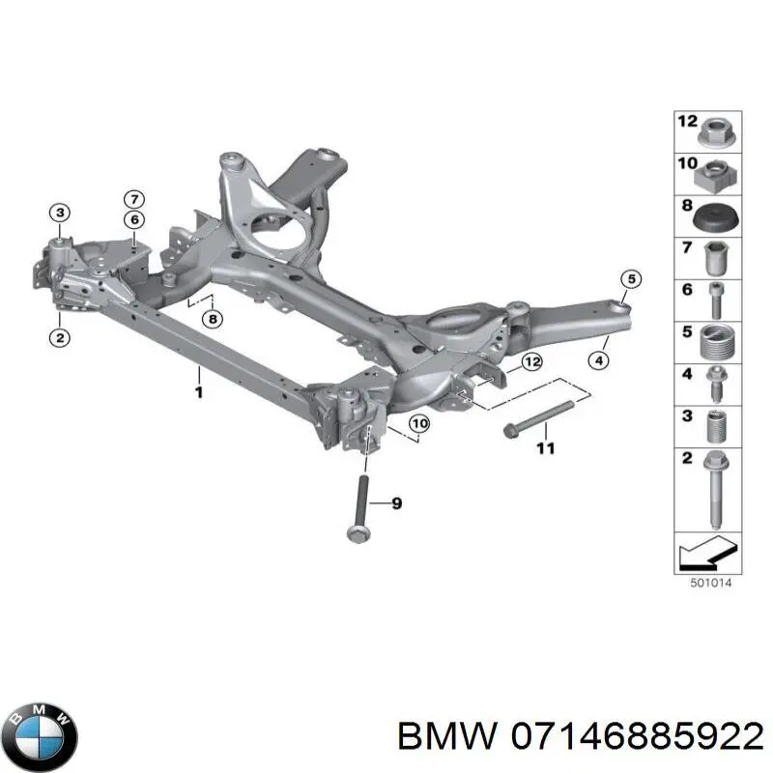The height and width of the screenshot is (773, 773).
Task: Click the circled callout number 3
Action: [x=59, y=213]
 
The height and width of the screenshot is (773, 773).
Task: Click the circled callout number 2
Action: [x=59, y=337]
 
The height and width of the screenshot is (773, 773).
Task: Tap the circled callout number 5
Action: [x=629, y=280]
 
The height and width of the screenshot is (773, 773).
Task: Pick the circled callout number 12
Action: [x=530, y=362]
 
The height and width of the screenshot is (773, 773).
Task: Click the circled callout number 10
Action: [x=418, y=423]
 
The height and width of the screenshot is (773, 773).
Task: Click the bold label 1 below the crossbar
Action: [x=198, y=392]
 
